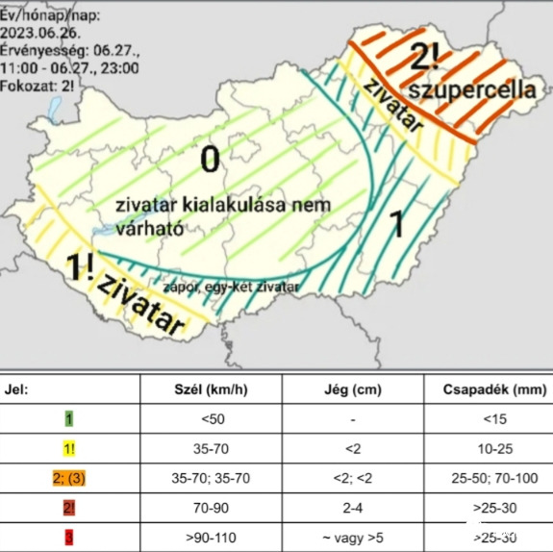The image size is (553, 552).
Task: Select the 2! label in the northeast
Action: click(424, 58)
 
